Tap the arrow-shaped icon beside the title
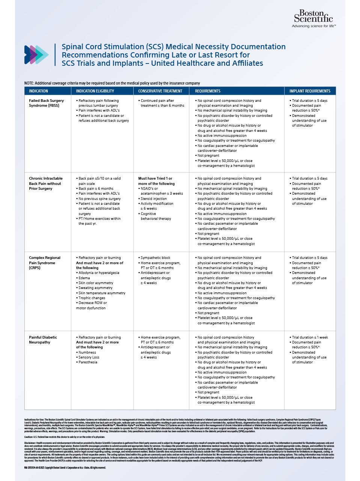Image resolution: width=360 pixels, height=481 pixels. coord(36,55)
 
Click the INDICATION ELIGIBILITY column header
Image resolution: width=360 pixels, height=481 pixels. coord(95,91)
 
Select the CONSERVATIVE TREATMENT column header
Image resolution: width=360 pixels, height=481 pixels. coord(160,91)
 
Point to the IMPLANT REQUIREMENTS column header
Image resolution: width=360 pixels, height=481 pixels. coord(310,91)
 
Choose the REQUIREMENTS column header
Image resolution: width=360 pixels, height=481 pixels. coord(208,91)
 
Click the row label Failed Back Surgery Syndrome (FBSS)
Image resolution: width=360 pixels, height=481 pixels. coord(46,103)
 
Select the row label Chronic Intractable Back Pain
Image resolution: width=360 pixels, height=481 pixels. coord(45,183)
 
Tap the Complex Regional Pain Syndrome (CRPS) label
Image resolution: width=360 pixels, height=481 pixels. coord(44,263)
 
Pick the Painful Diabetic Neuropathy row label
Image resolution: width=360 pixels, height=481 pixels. coord(43,340)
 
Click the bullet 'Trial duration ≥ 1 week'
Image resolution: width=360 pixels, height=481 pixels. coord(310,337)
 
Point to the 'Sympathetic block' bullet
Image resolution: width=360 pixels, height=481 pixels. coord(155,258)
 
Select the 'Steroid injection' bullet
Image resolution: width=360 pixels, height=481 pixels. coord(154,198)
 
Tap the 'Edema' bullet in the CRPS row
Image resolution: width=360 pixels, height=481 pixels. coord(84,278)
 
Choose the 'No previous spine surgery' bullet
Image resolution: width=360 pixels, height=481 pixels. coord(99,198)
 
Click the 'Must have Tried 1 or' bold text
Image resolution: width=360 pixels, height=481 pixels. coord(155,178)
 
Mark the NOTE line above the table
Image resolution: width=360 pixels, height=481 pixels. coord(112,83)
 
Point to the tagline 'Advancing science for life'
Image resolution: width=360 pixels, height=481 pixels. coord(313,26)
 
